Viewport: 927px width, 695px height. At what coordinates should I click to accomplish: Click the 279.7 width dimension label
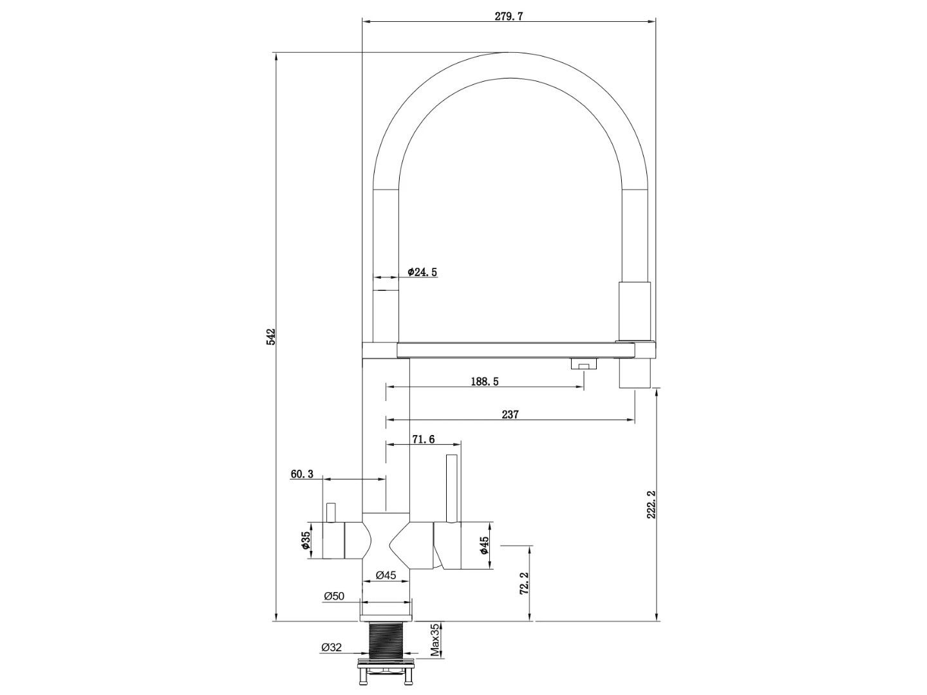(509, 16)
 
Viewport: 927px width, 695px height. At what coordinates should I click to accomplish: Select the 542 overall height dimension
(271, 337)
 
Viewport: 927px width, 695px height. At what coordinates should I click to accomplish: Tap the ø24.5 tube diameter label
(422, 272)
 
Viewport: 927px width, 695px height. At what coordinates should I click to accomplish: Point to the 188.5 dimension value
(484, 382)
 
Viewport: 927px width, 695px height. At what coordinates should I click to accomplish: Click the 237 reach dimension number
(510, 414)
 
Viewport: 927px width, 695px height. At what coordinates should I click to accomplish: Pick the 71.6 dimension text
(423, 440)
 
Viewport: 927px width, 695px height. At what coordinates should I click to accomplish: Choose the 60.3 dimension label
(302, 474)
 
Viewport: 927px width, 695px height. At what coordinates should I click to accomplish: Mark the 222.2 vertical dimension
(651, 505)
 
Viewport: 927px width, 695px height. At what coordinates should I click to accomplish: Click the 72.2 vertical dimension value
(523, 583)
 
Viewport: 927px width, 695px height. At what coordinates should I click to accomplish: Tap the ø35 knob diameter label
(306, 541)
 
